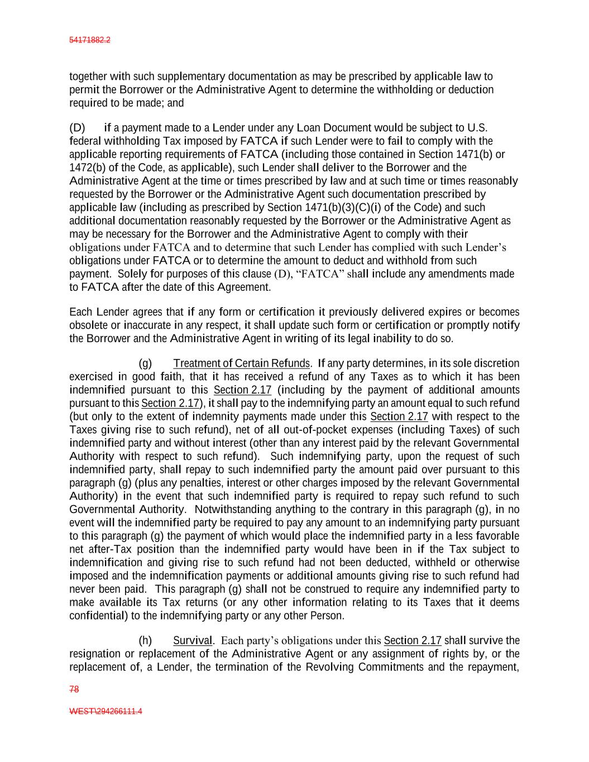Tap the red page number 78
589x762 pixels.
[x=74, y=689]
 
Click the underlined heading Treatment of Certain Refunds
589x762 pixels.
[x=241, y=363]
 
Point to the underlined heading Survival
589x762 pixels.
[x=193, y=640]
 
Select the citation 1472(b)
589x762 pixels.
[x=87, y=167]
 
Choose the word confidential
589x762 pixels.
[x=95, y=616]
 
